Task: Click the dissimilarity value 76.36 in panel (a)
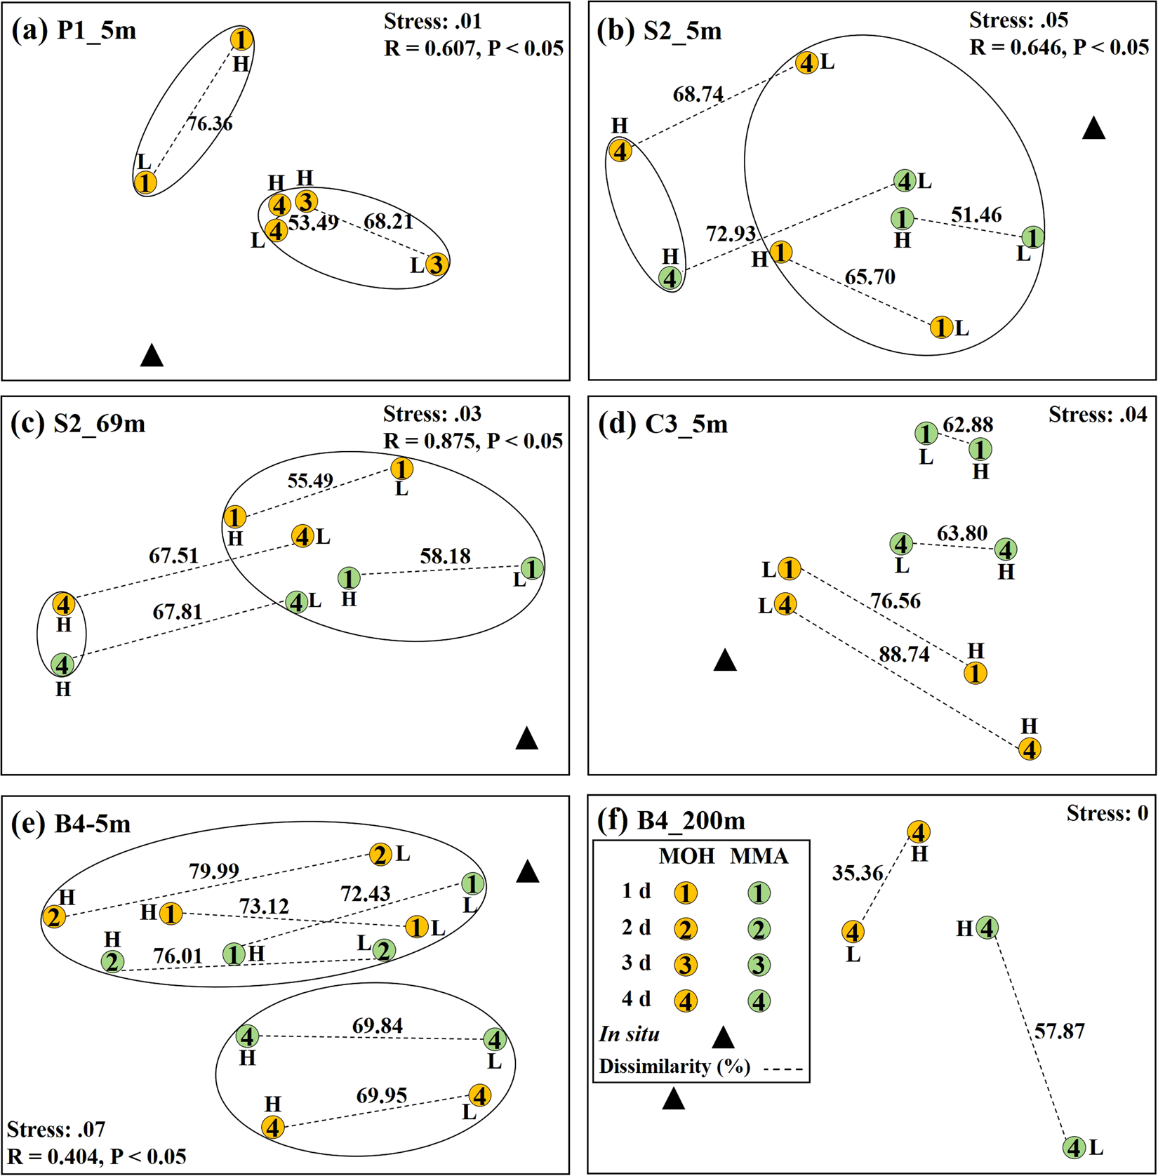pyautogui.click(x=210, y=124)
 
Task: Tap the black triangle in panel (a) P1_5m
pyautogui.click(x=152, y=356)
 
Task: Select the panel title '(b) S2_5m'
pyautogui.click(x=659, y=31)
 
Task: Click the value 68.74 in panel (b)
pyautogui.click(x=698, y=94)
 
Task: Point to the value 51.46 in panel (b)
pyautogui.click(x=976, y=214)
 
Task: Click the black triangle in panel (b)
pyautogui.click(x=1093, y=128)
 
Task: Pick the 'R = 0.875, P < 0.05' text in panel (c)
pyautogui.click(x=472, y=441)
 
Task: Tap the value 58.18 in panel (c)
pyautogui.click(x=445, y=556)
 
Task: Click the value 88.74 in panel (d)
pyautogui.click(x=904, y=654)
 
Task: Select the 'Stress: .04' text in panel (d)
pyautogui.click(x=1098, y=415)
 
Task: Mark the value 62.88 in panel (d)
pyautogui.click(x=968, y=425)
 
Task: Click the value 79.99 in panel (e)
pyautogui.click(x=214, y=871)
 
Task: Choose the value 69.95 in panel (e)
pyautogui.click(x=381, y=1095)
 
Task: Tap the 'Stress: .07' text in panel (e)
pyautogui.click(x=56, y=1129)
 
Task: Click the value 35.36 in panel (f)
pyautogui.click(x=858, y=872)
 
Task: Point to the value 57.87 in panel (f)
pyautogui.click(x=1059, y=1031)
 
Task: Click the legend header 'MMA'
pyautogui.click(x=759, y=856)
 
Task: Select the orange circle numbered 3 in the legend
pyautogui.click(x=686, y=965)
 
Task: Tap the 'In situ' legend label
pyautogui.click(x=629, y=1034)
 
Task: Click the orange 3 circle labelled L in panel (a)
pyautogui.click(x=436, y=265)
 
